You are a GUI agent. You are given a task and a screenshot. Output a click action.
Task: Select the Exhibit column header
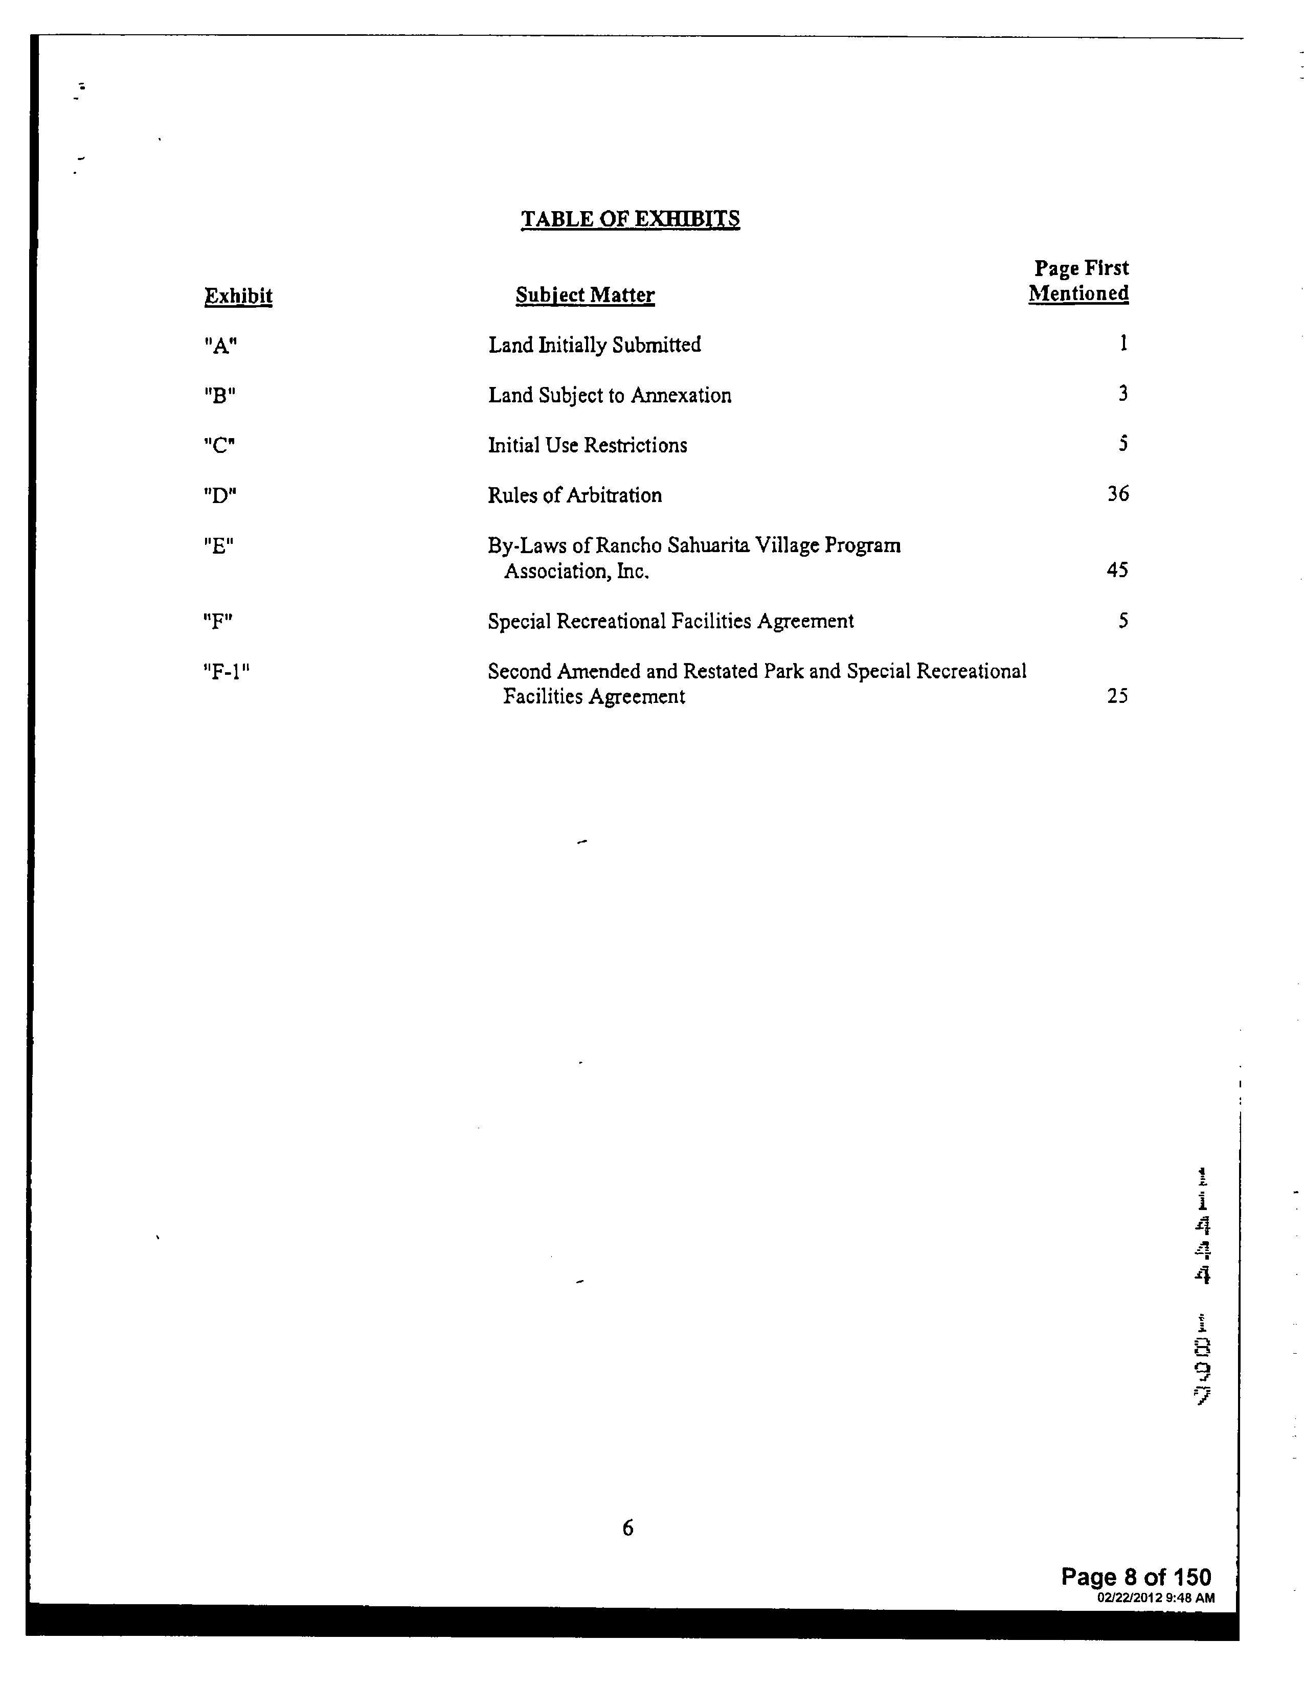coord(238,296)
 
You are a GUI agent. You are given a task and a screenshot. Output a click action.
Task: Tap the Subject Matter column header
coord(585,295)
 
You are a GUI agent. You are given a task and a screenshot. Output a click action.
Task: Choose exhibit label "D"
coord(220,495)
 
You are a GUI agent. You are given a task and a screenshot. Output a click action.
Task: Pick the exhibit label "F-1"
coord(227,671)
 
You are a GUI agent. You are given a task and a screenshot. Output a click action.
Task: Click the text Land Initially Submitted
coord(594,345)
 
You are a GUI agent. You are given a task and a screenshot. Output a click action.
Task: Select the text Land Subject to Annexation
coord(610,396)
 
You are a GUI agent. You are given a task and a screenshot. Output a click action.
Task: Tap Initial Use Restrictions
coord(587,446)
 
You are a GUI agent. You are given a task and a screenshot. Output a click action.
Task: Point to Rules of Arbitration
coord(575,495)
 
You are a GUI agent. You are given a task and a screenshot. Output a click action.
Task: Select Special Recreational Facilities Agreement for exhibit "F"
coord(670,621)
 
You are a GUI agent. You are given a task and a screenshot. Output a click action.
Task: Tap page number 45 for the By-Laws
coord(1117,570)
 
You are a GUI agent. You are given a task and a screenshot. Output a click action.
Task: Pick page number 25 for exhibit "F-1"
coord(1117,696)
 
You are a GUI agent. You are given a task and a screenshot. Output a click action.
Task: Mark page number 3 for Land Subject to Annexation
coord(1122,394)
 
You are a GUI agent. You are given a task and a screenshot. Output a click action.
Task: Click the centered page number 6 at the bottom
coord(627,1527)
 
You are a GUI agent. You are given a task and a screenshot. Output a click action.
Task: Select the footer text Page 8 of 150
coord(1136,1577)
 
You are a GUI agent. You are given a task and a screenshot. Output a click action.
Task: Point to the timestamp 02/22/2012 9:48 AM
coord(1156,1598)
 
